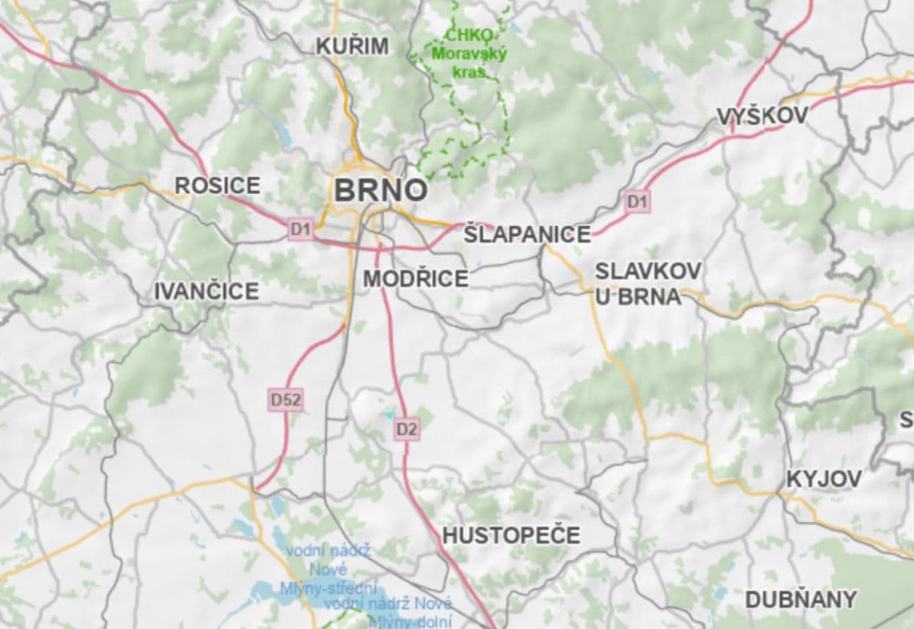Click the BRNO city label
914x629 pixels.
tap(381, 190)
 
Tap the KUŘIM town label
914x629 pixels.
tap(352, 46)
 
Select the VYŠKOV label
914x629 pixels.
tap(762, 116)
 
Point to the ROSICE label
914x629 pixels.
tap(217, 186)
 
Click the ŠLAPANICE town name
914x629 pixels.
tap(527, 234)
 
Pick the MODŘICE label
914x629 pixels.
tap(415, 278)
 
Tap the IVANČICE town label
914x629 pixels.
tap(206, 292)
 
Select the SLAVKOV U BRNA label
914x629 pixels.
tap(647, 283)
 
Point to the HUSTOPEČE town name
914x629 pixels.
tap(510, 535)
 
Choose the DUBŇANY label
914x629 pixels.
tap(801, 600)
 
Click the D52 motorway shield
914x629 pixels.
tap(286, 400)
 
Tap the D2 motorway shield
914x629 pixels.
tap(407, 429)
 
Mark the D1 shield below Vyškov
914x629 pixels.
tap(637, 202)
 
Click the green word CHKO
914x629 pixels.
tap(469, 35)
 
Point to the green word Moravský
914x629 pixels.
tap(469, 54)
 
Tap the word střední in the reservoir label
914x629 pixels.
tap(353, 588)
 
